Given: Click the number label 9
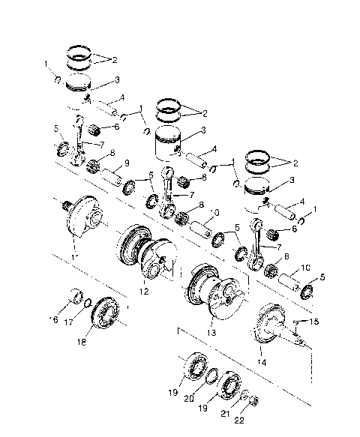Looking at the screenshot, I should [126, 163].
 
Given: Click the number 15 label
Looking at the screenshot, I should [313, 322].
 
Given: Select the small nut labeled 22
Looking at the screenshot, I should [253, 400].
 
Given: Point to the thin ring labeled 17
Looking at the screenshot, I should [88, 303].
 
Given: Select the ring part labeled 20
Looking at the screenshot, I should [213, 376].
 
